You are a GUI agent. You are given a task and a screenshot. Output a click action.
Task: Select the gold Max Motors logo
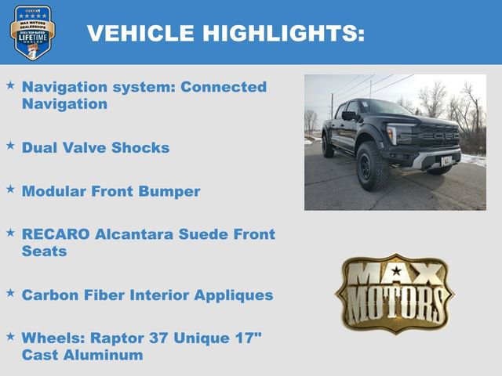coord(395,292)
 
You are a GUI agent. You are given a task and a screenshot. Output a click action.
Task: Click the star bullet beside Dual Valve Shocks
coord(10,146)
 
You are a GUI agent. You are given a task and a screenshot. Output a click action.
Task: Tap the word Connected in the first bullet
coord(224,87)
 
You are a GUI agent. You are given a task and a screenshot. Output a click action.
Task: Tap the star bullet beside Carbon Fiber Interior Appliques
coord(10,293)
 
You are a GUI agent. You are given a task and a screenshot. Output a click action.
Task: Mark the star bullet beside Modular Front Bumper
coord(10,190)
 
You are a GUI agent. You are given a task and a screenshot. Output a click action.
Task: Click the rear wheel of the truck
coord(327,146)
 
